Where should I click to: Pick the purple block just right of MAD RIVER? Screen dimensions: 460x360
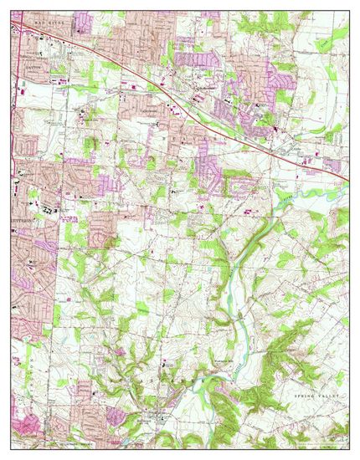(82, 20)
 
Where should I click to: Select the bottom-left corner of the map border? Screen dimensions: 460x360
(13, 447)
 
